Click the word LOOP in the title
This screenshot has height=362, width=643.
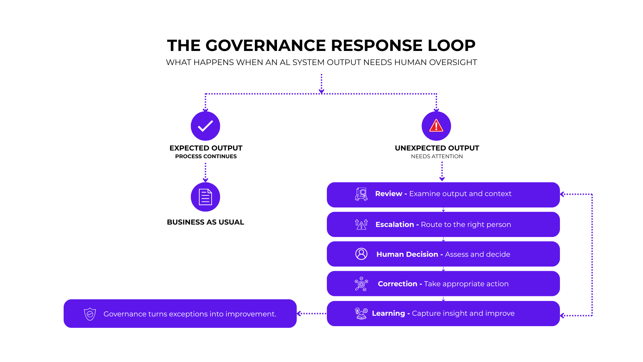pyautogui.click(x=451, y=45)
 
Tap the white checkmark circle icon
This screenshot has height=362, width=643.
pyautogui.click(x=205, y=126)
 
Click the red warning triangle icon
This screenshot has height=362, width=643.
pyautogui.click(x=436, y=126)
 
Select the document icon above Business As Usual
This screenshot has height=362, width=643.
pyautogui.click(x=205, y=197)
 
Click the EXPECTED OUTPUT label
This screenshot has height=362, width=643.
pyautogui.click(x=206, y=148)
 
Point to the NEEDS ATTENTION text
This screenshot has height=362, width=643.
pyautogui.click(x=437, y=157)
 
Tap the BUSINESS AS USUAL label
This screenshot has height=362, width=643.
pyautogui.click(x=205, y=222)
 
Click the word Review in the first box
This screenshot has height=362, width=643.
pyautogui.click(x=388, y=194)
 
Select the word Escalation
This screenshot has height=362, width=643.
pyautogui.click(x=395, y=225)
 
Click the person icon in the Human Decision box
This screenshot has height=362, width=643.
pyautogui.click(x=361, y=254)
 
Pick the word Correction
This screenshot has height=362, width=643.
pyautogui.click(x=398, y=284)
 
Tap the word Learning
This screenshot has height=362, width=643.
pyautogui.click(x=388, y=313)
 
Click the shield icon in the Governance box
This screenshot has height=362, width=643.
pyautogui.click(x=90, y=314)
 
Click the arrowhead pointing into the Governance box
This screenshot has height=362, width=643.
pyautogui.click(x=299, y=314)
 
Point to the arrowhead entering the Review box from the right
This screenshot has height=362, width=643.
pyautogui.click(x=562, y=194)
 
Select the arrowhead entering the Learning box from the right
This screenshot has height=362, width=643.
pyautogui.click(x=562, y=316)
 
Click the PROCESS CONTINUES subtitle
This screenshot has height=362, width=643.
pyautogui.click(x=206, y=157)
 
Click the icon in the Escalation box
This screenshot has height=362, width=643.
pyautogui.click(x=361, y=224)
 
